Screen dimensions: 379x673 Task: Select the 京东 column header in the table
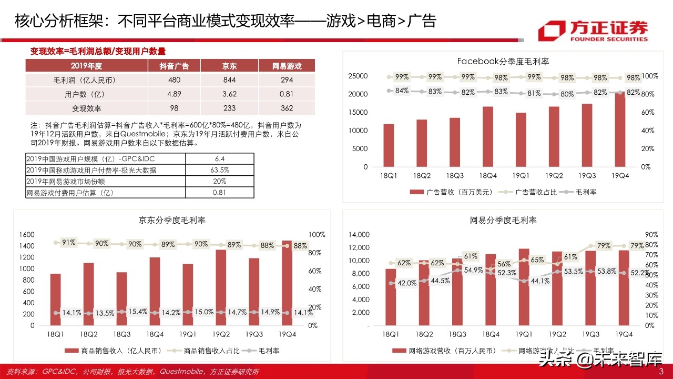tap(229, 66)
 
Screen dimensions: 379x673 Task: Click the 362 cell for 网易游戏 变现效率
tap(287, 108)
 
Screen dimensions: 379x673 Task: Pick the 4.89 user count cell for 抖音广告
tap(174, 94)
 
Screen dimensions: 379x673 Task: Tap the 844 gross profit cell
tap(229, 80)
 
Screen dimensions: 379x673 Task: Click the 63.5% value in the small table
tap(220, 170)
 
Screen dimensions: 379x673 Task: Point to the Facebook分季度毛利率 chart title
tap(503, 62)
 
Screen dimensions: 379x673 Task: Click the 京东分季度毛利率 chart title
tap(172, 220)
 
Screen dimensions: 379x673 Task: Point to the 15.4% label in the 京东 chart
tap(137, 312)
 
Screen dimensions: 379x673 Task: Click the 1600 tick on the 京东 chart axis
tap(27, 234)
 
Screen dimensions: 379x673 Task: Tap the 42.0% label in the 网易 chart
tap(406, 283)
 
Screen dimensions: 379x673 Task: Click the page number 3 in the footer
tap(661, 372)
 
